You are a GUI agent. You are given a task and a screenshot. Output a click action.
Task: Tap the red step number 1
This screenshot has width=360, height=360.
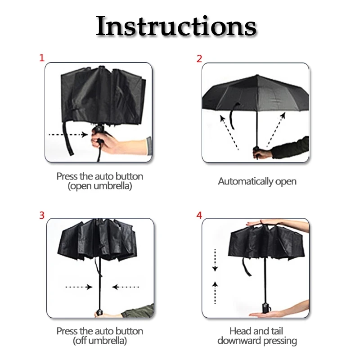(42, 58)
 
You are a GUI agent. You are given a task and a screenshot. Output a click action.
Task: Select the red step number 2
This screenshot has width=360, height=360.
(199, 58)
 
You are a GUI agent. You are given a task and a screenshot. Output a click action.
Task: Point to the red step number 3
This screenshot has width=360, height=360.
(42, 215)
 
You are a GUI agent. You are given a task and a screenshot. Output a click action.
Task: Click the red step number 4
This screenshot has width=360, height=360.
(199, 215)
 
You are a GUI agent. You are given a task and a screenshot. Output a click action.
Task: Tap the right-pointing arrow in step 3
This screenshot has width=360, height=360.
(79, 287)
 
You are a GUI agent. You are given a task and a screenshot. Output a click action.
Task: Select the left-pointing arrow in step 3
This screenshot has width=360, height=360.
(126, 287)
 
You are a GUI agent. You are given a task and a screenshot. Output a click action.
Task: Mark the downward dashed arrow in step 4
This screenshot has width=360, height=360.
(215, 261)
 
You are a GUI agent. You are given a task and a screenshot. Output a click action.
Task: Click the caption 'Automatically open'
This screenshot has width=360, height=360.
(257, 181)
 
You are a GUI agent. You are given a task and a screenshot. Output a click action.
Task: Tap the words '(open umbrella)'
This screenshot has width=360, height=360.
(100, 186)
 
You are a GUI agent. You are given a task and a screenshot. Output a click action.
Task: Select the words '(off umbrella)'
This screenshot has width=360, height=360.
(100, 341)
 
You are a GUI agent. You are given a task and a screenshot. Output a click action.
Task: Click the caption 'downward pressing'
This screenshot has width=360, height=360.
(257, 341)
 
